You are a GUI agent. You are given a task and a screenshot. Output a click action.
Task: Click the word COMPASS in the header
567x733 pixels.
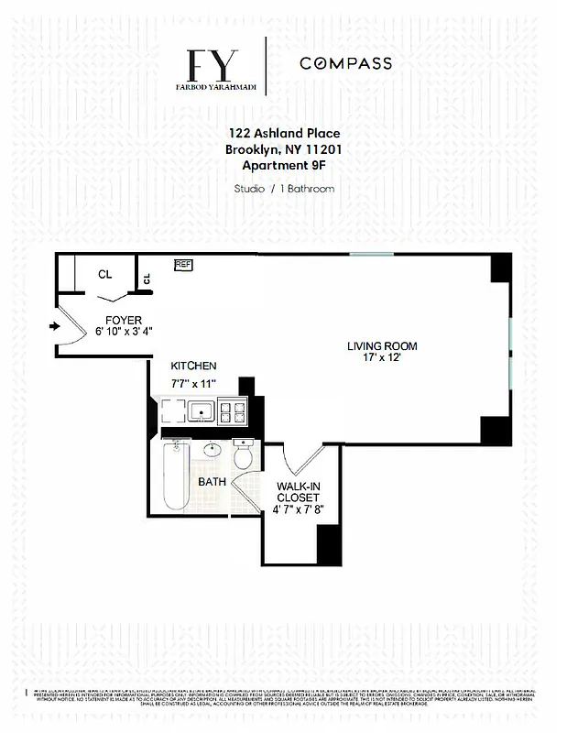(x=346, y=63)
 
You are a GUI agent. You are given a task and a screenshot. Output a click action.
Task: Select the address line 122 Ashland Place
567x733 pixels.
(x=282, y=133)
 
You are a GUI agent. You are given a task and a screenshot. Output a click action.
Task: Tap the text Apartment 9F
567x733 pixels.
(x=282, y=165)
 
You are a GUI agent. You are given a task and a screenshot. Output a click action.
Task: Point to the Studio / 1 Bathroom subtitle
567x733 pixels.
(x=282, y=189)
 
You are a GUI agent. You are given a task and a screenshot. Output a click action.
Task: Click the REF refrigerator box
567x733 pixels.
(x=183, y=265)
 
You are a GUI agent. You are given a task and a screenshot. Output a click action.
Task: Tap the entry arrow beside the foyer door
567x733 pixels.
(x=54, y=325)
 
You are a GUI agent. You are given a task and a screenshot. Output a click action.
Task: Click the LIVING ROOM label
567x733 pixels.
(x=382, y=346)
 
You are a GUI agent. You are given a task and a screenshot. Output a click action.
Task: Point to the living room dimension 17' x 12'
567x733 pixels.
(x=382, y=358)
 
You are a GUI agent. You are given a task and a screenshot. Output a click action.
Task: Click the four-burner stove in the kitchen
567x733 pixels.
(x=233, y=412)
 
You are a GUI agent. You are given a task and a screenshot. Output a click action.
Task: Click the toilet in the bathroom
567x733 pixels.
(x=245, y=455)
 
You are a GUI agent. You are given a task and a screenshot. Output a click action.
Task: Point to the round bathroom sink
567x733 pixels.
(x=212, y=451)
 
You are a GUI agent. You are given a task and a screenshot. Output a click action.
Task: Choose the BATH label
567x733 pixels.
(x=213, y=481)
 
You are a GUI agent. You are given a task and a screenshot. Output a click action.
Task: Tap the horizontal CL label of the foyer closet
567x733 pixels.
(x=104, y=274)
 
